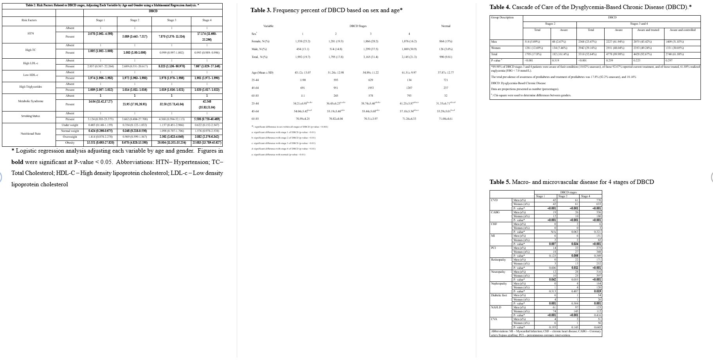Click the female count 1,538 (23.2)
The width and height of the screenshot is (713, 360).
302,41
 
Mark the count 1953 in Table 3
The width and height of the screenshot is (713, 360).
371,88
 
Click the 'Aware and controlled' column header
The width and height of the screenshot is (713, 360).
682,30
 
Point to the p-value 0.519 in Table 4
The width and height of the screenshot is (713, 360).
555,61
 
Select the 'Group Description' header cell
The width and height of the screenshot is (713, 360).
502,17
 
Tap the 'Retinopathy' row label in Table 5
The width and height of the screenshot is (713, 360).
498,260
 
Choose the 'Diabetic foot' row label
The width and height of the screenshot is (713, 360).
499,295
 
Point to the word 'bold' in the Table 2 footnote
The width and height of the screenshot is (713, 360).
18,162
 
